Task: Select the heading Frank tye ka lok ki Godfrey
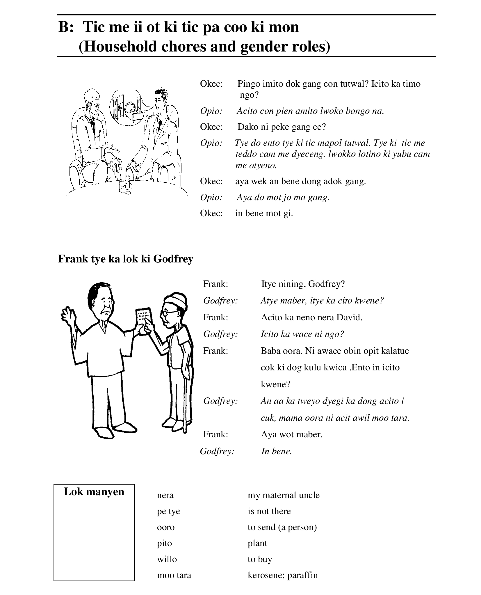point(126,259)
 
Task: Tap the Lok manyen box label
point(94,491)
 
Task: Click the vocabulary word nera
point(165,495)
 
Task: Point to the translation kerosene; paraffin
point(282,575)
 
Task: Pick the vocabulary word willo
point(167,559)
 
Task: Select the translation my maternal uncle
point(283,495)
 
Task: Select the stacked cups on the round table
point(125,184)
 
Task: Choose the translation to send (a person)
point(282,527)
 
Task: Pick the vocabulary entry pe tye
point(168,511)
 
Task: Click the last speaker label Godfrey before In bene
point(217,451)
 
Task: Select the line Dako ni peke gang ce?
point(281,127)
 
